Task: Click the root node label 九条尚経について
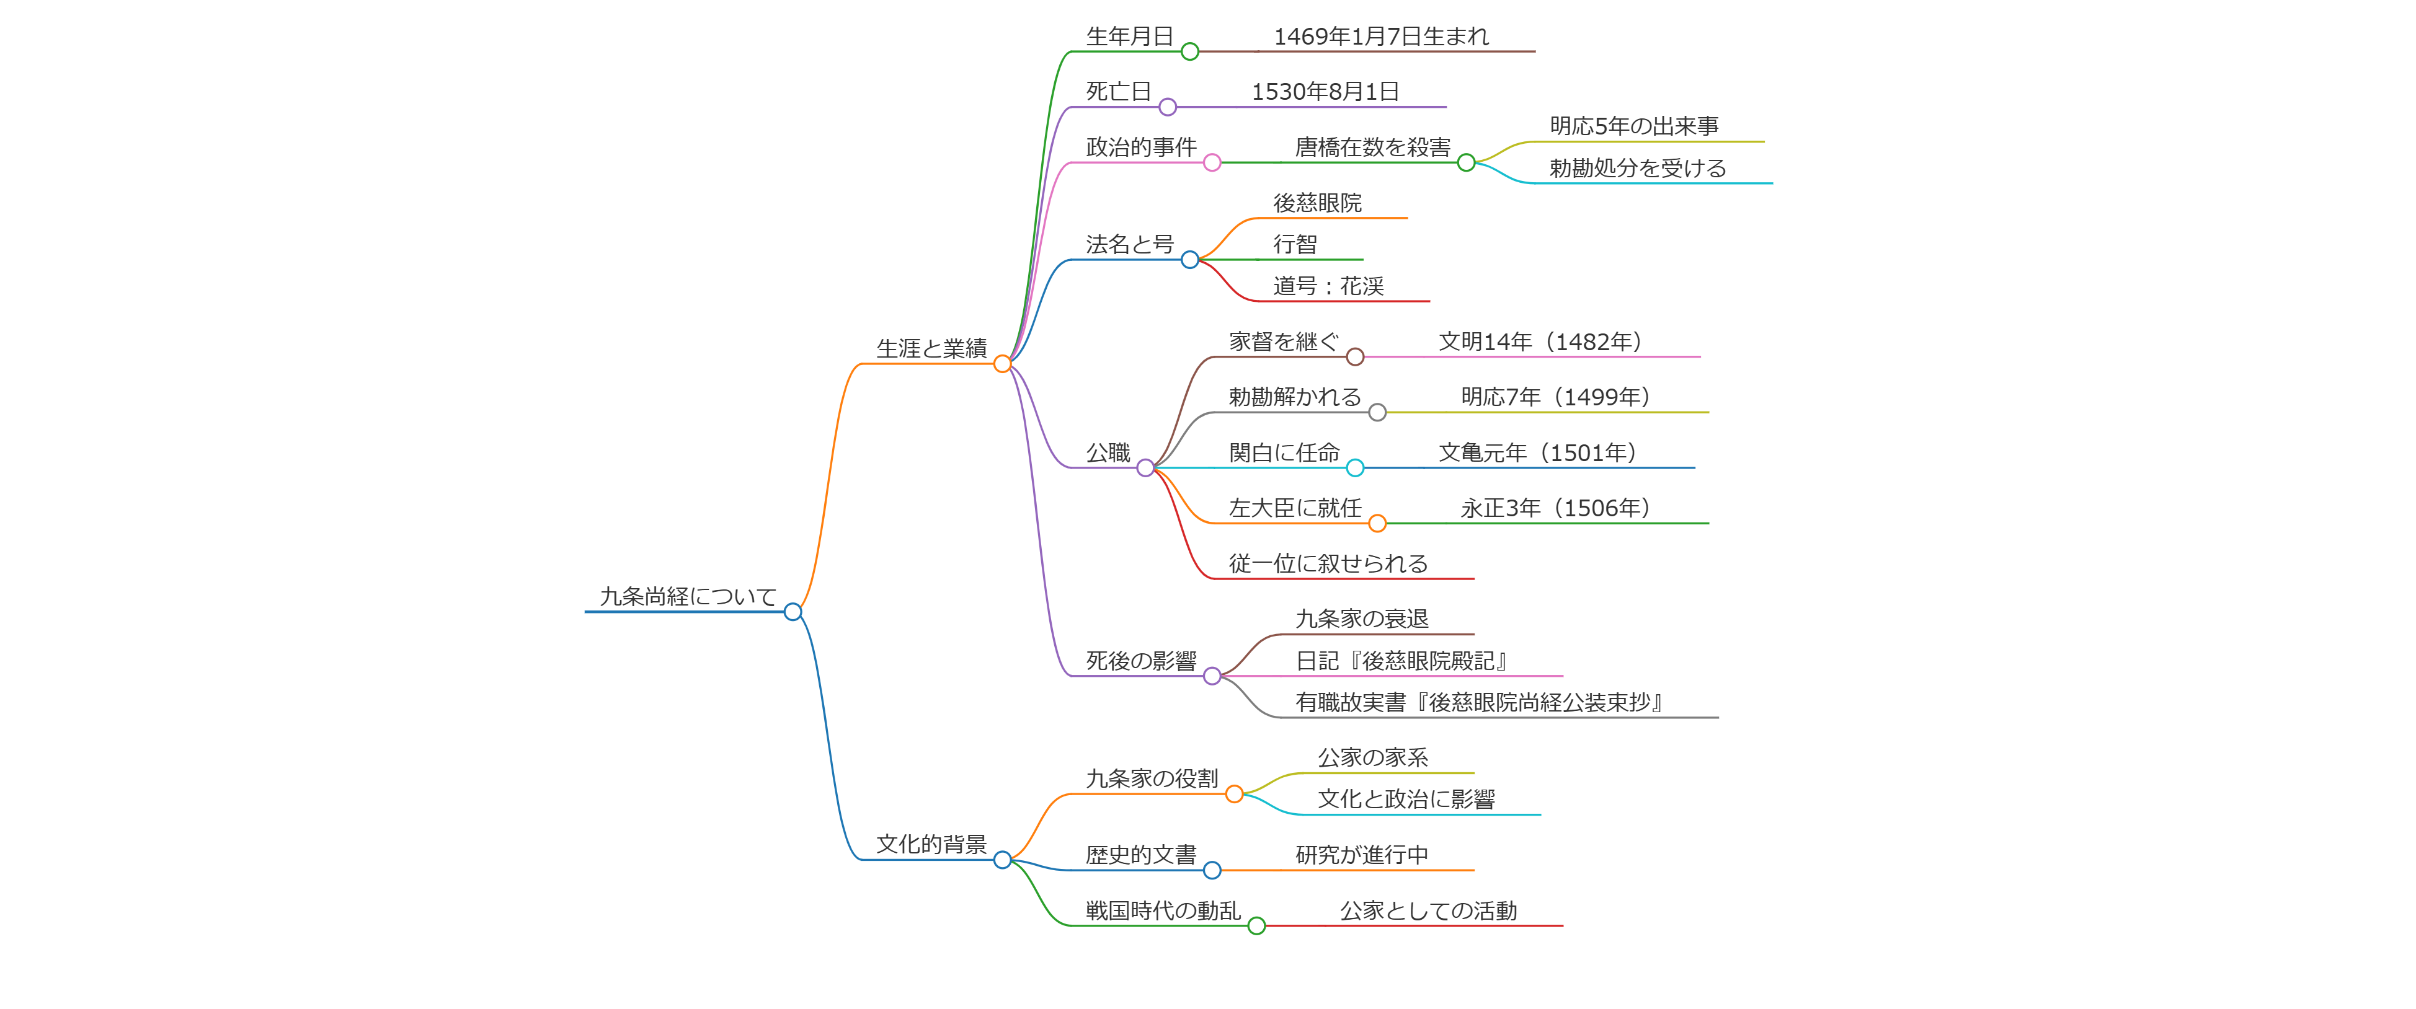click(688, 596)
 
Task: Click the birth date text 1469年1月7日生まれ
click(1380, 37)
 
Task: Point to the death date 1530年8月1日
click(1325, 92)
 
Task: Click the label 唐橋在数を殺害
click(1372, 148)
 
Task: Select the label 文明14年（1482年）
click(1540, 342)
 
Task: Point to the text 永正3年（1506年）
click(1555, 508)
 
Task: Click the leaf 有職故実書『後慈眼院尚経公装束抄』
click(1478, 702)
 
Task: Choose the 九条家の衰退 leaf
click(1361, 619)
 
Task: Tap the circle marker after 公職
click(1145, 468)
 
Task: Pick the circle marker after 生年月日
click(1189, 51)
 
